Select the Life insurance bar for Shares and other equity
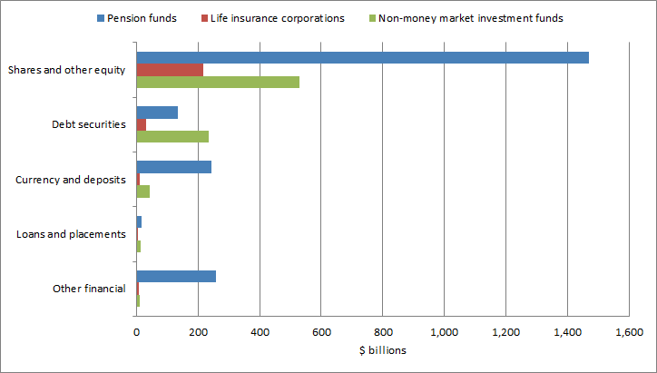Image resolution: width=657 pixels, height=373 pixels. point(170,70)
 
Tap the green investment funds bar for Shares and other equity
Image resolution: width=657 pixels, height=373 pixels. point(218,82)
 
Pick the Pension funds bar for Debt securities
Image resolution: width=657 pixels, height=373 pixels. point(157,113)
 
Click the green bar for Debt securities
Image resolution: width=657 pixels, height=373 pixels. point(172,136)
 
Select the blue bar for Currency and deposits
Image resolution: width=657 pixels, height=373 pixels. point(174,167)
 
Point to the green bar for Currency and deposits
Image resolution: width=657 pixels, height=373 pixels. point(143,191)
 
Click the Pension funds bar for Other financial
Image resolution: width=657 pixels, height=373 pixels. point(176,276)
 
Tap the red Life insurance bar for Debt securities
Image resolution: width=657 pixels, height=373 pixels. point(142,124)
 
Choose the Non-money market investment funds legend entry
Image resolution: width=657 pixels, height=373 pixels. point(470,18)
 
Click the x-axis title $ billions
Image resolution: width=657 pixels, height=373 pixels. point(382,349)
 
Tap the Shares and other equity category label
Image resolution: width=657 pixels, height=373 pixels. point(66,70)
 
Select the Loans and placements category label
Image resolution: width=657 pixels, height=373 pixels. point(71,234)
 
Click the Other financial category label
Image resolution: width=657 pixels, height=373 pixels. point(89,289)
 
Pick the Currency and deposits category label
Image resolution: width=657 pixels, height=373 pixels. point(71,180)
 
